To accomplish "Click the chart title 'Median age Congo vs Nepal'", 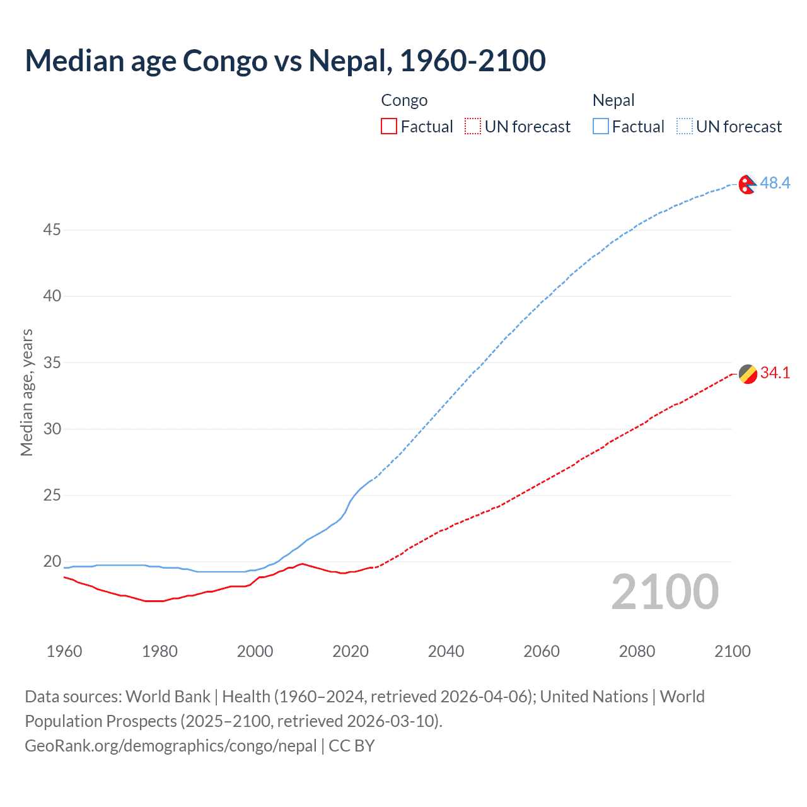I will coord(285,61).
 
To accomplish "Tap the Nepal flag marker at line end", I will coord(747,184).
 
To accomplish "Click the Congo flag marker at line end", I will coord(747,374).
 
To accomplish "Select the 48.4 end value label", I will coord(775,183).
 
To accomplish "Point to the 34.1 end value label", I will coord(775,373).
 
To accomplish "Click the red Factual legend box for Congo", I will coord(389,126).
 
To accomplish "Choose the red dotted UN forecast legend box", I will coord(473,126).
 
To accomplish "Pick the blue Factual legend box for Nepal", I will coord(600,126).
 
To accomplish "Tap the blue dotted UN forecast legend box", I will coord(684,126).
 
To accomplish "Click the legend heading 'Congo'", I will coord(404,100).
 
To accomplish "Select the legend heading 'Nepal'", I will coord(613,100).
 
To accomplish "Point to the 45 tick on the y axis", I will coord(52,230).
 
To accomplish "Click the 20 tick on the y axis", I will coord(52,561).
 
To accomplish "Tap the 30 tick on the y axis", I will coord(52,429).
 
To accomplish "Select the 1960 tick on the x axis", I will coord(64,651).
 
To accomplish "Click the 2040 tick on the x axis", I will coord(446,651).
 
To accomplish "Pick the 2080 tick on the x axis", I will coord(637,651).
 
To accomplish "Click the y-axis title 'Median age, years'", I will coord(26,392).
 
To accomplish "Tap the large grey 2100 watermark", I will coord(665,591).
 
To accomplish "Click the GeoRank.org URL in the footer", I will coord(170,746).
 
